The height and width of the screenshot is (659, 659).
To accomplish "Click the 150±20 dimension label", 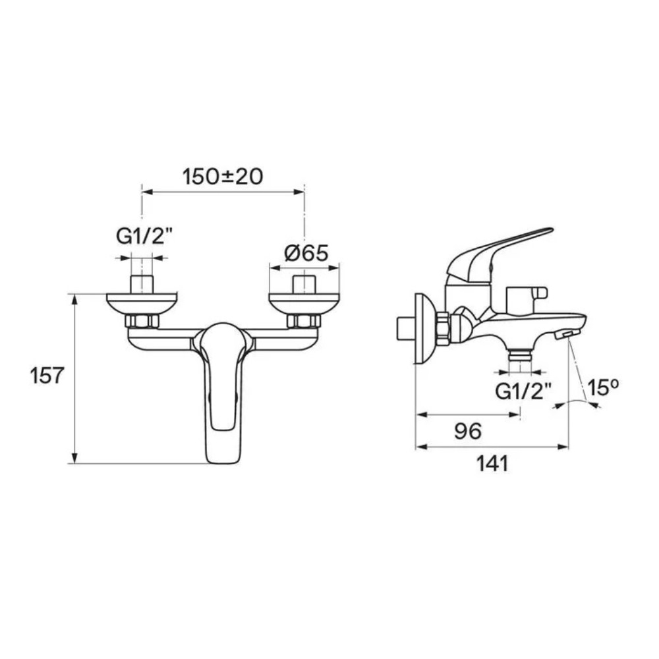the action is click(x=223, y=177).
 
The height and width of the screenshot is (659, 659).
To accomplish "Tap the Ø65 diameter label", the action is click(x=306, y=254).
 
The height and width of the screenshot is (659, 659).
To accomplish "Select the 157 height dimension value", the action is click(x=46, y=376).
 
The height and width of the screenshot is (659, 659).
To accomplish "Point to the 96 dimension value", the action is click(x=468, y=431).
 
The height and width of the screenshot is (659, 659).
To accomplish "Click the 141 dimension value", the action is click(x=492, y=463).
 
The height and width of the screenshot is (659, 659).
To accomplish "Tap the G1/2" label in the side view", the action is click(x=523, y=392).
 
